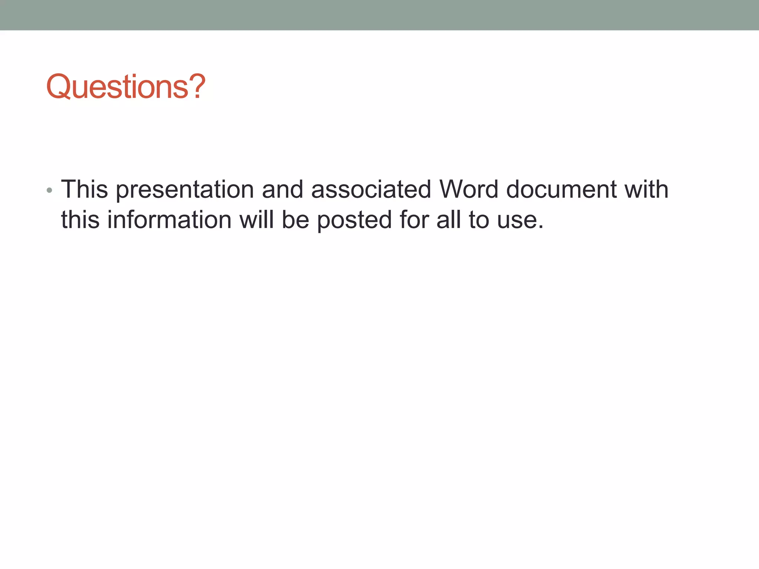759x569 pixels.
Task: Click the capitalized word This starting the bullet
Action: click(x=84, y=189)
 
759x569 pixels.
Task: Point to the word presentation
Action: click(x=185, y=190)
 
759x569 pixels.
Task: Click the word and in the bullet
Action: click(x=282, y=189)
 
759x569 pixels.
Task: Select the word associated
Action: click(x=371, y=189)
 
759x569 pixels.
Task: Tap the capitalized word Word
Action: click(x=469, y=189)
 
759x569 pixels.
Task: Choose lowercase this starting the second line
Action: click(x=80, y=220)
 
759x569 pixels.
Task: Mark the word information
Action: click(x=169, y=220)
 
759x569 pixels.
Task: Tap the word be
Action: click(x=295, y=220)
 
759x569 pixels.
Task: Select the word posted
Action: click(x=355, y=220)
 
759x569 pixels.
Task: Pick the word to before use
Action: click(x=479, y=220)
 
